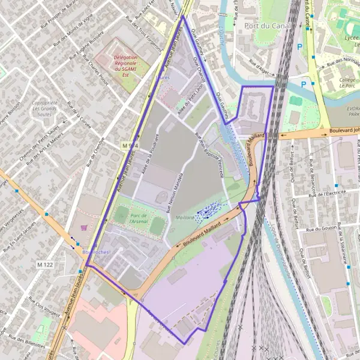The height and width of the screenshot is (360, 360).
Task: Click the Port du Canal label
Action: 268,26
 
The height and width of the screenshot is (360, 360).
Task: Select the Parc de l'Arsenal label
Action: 142,218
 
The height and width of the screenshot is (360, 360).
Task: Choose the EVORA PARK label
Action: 353,114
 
